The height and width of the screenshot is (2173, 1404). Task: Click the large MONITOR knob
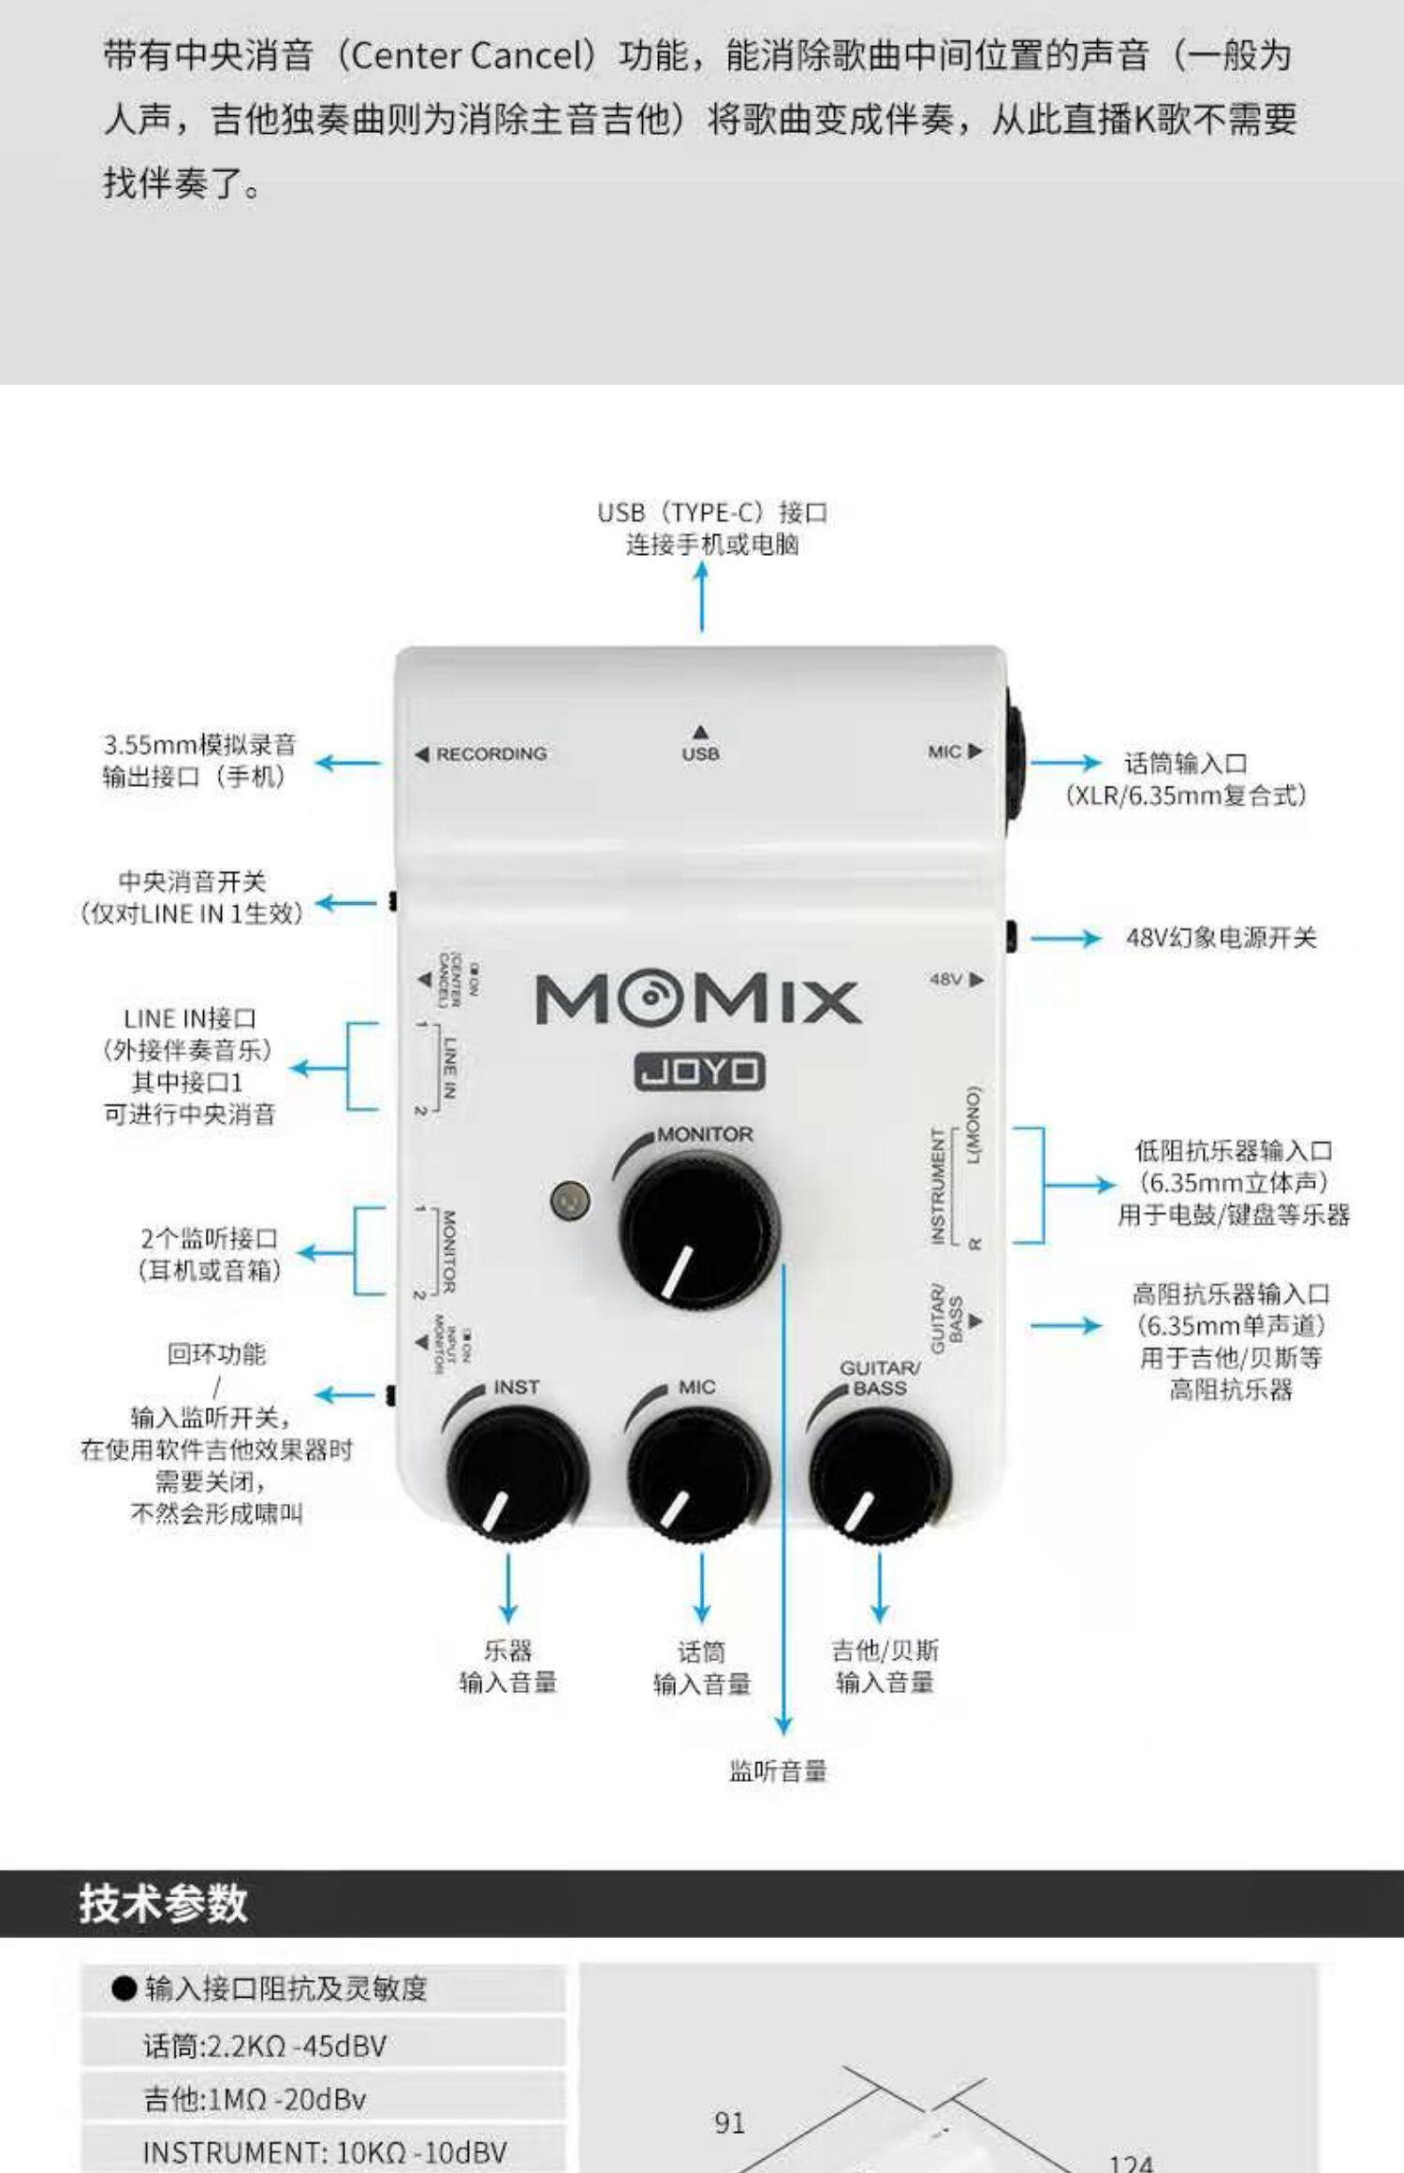pyautogui.click(x=697, y=1229)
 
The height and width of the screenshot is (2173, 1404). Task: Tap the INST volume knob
pyautogui.click(x=515, y=1473)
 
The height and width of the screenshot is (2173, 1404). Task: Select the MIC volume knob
pyautogui.click(x=697, y=1473)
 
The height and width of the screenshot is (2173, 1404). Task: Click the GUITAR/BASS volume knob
pyautogui.click(x=879, y=1473)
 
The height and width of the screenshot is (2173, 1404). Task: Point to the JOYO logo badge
pyautogui.click(x=699, y=1072)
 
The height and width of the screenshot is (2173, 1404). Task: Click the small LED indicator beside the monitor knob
pyautogui.click(x=570, y=1200)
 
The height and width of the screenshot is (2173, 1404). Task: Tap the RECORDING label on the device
pyautogui.click(x=490, y=753)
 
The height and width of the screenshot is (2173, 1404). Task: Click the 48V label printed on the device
pyautogui.click(x=947, y=979)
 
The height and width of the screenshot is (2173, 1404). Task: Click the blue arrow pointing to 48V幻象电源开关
pyautogui.click(x=1065, y=938)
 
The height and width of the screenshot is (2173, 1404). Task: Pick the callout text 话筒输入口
pyautogui.click(x=1185, y=764)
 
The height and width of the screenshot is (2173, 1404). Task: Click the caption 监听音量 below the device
pyautogui.click(x=778, y=1771)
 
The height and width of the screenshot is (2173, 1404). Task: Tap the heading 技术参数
pyautogui.click(x=164, y=1903)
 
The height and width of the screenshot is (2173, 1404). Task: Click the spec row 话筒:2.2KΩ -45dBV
pyautogui.click(x=265, y=2046)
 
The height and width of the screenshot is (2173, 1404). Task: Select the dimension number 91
pyautogui.click(x=729, y=2122)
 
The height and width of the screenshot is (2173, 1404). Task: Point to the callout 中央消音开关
pyautogui.click(x=192, y=881)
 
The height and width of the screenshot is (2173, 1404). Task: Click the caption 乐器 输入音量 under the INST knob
pyautogui.click(x=508, y=1666)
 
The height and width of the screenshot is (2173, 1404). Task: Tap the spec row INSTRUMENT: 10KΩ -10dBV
pyautogui.click(x=324, y=2151)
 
